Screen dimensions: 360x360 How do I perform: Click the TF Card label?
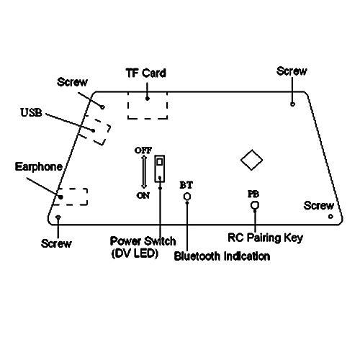pyautogui.click(x=146, y=73)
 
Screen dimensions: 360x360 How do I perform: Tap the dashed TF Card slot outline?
pyautogui.click(x=127, y=106)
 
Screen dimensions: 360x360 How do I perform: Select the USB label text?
pyautogui.click(x=31, y=112)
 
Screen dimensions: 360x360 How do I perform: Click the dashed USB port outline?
pyautogui.click(x=107, y=135)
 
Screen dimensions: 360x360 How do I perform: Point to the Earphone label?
pyautogui.click(x=39, y=166)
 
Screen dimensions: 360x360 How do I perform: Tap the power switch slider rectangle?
pyautogui.click(x=155, y=168)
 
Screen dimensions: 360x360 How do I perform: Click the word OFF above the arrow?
pyautogui.click(x=143, y=150)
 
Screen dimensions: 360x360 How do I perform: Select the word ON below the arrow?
pyautogui.click(x=143, y=196)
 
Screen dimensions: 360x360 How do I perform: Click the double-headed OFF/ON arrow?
pyautogui.click(x=144, y=172)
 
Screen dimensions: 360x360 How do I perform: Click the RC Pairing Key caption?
pyautogui.click(x=265, y=238)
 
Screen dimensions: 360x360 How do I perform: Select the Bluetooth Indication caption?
pyautogui.click(x=222, y=256)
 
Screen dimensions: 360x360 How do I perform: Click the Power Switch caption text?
pyautogui.click(x=143, y=241)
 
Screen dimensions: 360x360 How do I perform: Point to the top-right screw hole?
pyautogui.click(x=292, y=104)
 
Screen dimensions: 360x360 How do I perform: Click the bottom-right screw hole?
pyautogui.click(x=330, y=216)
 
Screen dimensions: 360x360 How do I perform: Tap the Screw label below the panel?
pyautogui.click(x=56, y=243)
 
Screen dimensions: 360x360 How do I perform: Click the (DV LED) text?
pyautogui.click(x=135, y=253)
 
